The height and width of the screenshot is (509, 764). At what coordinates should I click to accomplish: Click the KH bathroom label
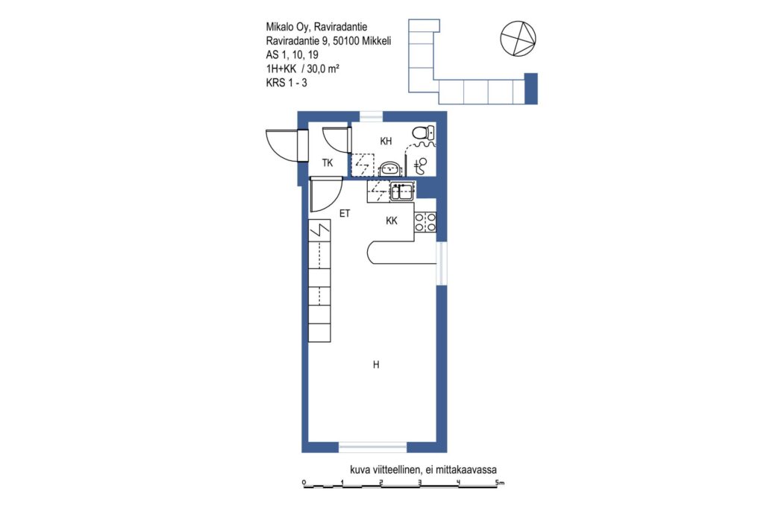pyautogui.click(x=386, y=141)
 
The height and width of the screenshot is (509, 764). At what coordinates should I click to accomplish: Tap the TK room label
pyautogui.click(x=328, y=163)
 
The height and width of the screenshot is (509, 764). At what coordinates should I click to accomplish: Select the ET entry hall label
pyautogui.click(x=345, y=213)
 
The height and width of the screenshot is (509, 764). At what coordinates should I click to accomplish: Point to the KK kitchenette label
pyautogui.click(x=391, y=221)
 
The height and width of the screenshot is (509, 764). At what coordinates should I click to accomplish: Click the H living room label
pyautogui.click(x=376, y=364)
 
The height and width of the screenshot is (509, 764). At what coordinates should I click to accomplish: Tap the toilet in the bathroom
pyautogui.click(x=422, y=132)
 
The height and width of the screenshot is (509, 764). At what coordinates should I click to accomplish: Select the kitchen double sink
pyautogui.click(x=402, y=191)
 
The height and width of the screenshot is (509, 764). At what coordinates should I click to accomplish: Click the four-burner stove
pyautogui.click(x=425, y=222)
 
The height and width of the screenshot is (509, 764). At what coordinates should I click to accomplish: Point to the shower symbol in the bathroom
pyautogui.click(x=421, y=166)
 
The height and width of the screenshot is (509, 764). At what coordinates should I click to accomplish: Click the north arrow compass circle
pyautogui.click(x=518, y=39)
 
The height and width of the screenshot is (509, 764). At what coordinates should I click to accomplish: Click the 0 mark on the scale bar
pyautogui.click(x=304, y=483)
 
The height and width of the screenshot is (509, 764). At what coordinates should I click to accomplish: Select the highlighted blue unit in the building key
pyautogui.click(x=530, y=89)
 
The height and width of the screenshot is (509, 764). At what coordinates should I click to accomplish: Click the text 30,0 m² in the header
pyautogui.click(x=323, y=69)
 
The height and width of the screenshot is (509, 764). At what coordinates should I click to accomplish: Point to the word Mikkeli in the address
pyautogui.click(x=376, y=41)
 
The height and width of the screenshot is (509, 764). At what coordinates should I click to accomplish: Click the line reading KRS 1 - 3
pyautogui.click(x=286, y=83)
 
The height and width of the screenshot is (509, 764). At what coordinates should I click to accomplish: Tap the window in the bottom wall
pyautogui.click(x=373, y=446)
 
